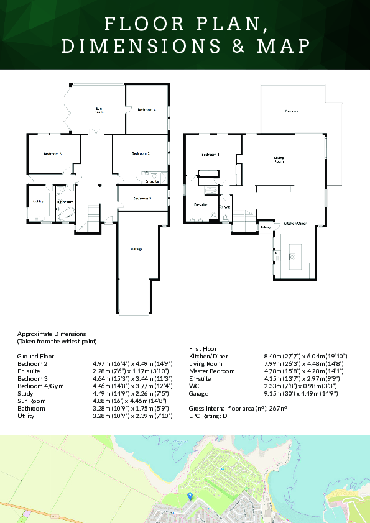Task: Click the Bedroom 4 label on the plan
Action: point(146,110)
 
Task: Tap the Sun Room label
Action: point(98,111)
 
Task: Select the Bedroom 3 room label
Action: point(52,154)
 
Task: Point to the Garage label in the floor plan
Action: point(137,249)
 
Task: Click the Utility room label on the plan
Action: point(37,201)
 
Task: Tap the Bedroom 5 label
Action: point(142,198)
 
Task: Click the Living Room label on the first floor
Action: point(279,160)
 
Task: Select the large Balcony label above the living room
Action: point(292,111)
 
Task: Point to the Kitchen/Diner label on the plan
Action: point(295,223)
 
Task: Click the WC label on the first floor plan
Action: point(228,207)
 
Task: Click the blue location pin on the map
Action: point(190,495)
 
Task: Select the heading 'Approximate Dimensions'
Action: point(51,334)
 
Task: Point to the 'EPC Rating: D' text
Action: point(208,416)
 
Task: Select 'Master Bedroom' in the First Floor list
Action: point(212,371)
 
